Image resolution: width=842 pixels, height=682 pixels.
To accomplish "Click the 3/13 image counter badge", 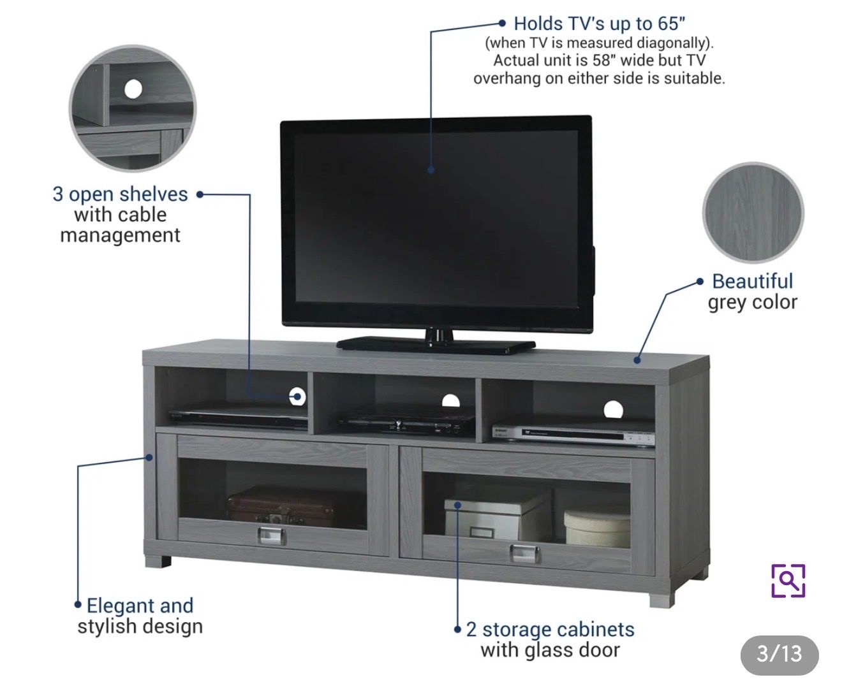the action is click(x=779, y=654).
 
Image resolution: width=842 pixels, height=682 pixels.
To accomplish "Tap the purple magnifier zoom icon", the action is click(x=788, y=581).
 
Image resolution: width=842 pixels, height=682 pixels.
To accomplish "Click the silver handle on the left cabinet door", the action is click(x=272, y=536).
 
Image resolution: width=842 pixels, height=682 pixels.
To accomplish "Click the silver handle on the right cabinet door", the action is click(x=524, y=553).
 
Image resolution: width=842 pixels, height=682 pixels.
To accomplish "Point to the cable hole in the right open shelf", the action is click(x=613, y=409).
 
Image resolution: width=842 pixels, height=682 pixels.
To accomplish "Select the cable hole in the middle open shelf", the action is click(x=450, y=401).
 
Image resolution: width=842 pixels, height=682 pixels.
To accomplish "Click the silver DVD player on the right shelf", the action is click(x=573, y=435).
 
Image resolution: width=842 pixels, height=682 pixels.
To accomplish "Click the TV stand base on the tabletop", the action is click(x=436, y=344).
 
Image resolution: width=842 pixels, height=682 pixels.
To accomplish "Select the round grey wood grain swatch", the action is click(x=753, y=212).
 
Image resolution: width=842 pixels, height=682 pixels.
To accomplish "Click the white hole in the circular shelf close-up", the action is click(x=133, y=89).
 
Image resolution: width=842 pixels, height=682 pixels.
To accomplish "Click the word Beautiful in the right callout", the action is click(x=752, y=282).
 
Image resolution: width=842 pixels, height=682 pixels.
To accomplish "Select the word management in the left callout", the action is click(x=120, y=236).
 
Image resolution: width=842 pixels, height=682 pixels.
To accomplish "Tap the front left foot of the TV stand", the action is click(x=158, y=561).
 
